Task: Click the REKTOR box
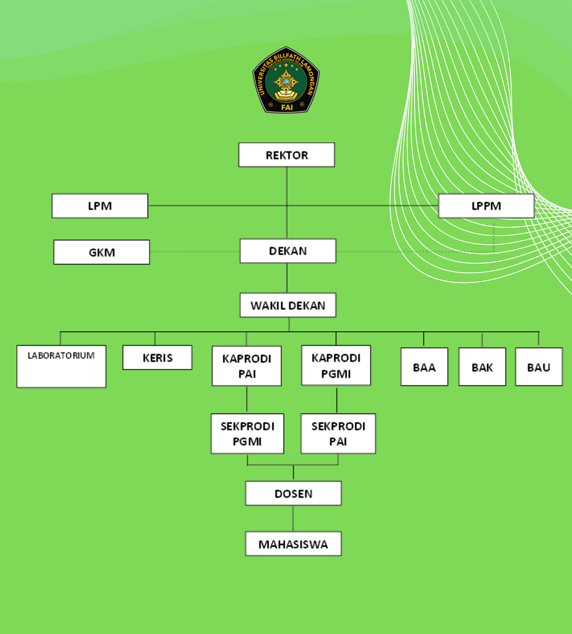[x=286, y=155]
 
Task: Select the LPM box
[x=100, y=206]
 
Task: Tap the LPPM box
[x=486, y=206]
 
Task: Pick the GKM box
[x=101, y=252]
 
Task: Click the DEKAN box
[x=288, y=251]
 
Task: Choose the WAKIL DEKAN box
[x=288, y=306]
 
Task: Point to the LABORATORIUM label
[x=61, y=356]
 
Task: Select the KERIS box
[x=157, y=357]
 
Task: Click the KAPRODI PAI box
[x=246, y=366]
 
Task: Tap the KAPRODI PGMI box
[x=336, y=366]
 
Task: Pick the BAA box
[x=424, y=367]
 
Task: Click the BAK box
[x=482, y=367]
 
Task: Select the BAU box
[x=539, y=367]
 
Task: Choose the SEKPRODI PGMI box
[x=247, y=433]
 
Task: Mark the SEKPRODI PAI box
[x=338, y=433]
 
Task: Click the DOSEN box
[x=293, y=493]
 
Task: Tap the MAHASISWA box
[x=293, y=544]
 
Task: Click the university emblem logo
[x=286, y=80]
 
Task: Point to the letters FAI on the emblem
[x=286, y=107]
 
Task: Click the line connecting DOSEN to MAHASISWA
[x=293, y=519]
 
